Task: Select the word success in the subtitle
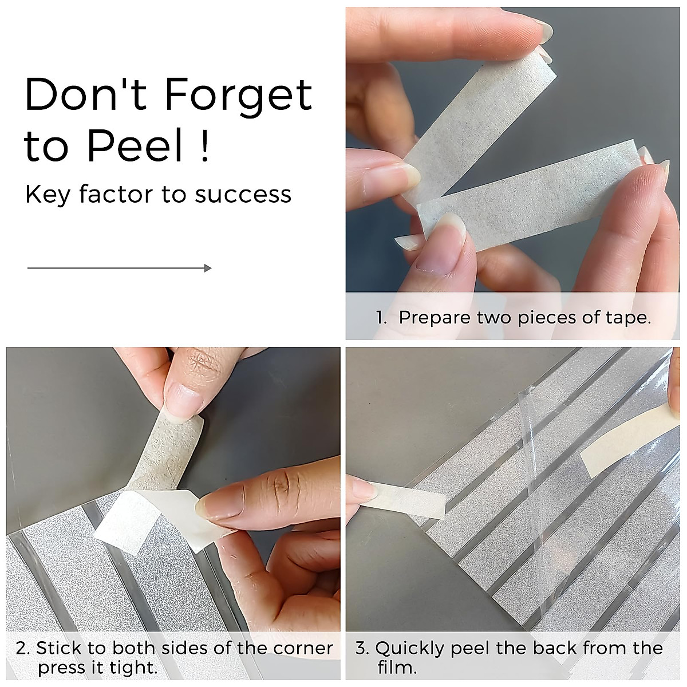pyautogui.click(x=243, y=195)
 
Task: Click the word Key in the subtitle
pyautogui.click(x=48, y=195)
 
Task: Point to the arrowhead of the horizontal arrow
pyautogui.click(x=208, y=268)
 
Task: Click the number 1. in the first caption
pyautogui.click(x=382, y=317)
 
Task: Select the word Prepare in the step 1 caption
pyautogui.click(x=435, y=318)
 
